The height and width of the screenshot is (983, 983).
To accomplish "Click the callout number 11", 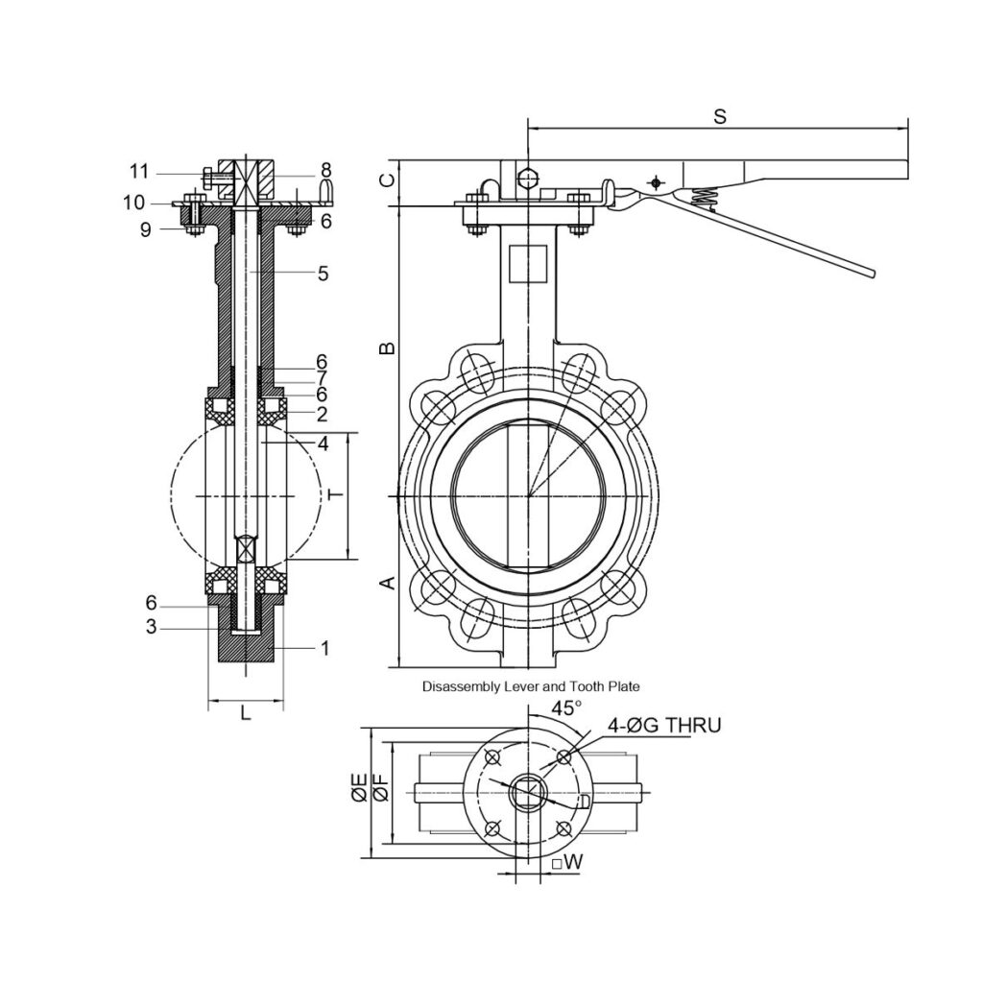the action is tap(139, 171).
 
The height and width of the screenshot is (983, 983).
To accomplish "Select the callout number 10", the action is tap(134, 203).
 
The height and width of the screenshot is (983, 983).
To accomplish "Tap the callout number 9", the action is tap(146, 230).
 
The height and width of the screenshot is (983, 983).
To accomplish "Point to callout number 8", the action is tap(325, 170).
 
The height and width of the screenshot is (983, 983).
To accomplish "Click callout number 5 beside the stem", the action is tap(323, 274).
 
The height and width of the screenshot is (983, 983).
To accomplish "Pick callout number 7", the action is tap(322, 378).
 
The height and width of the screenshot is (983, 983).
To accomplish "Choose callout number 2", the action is tap(322, 414).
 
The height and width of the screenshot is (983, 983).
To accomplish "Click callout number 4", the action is tap(323, 444).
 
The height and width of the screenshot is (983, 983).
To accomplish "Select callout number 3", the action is tap(151, 626).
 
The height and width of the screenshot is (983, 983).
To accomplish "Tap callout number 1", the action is tap(324, 648).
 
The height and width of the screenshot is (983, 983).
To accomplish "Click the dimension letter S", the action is tap(720, 116).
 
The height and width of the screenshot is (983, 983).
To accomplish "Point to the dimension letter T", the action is tap(337, 495).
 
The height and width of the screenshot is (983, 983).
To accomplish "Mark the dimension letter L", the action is tap(246, 712).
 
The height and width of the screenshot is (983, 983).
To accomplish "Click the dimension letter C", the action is tap(389, 180).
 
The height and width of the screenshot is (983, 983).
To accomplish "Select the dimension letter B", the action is tap(388, 348).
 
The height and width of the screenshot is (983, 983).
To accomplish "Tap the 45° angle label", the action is tap(566, 707).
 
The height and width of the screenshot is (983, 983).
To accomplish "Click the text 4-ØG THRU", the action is tap(664, 726).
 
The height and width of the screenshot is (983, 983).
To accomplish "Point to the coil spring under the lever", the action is tap(706, 199).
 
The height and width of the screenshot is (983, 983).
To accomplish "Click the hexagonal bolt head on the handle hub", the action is tap(528, 179).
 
